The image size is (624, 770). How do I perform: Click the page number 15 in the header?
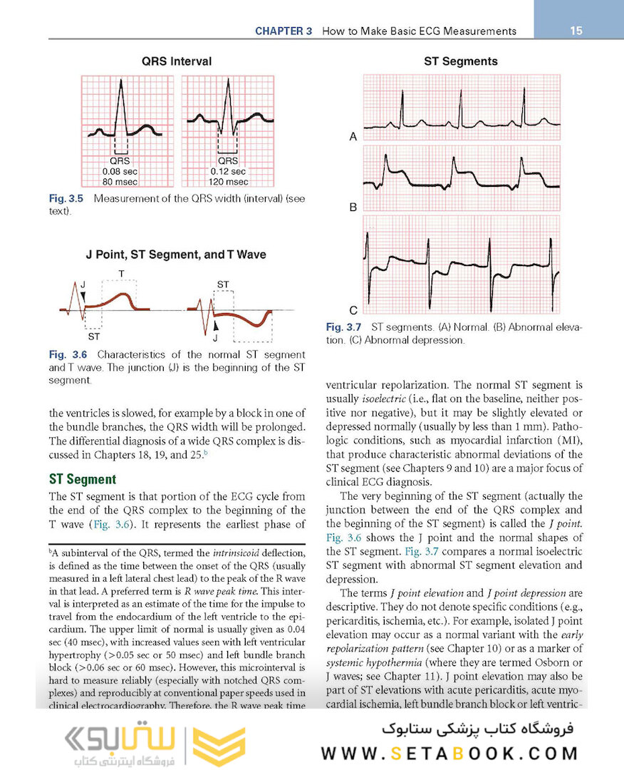(576, 31)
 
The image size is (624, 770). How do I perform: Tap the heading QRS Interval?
(177, 61)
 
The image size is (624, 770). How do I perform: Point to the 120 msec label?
(228, 182)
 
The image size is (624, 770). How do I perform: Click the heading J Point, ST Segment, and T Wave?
(177, 255)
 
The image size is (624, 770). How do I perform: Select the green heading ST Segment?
(82, 479)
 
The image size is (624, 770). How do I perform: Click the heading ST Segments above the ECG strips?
(461, 61)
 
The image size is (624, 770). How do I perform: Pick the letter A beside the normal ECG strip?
(353, 137)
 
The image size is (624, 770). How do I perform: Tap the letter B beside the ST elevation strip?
(353, 208)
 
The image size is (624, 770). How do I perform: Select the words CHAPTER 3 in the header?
(284, 31)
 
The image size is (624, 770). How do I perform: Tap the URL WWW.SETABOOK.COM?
(449, 754)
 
